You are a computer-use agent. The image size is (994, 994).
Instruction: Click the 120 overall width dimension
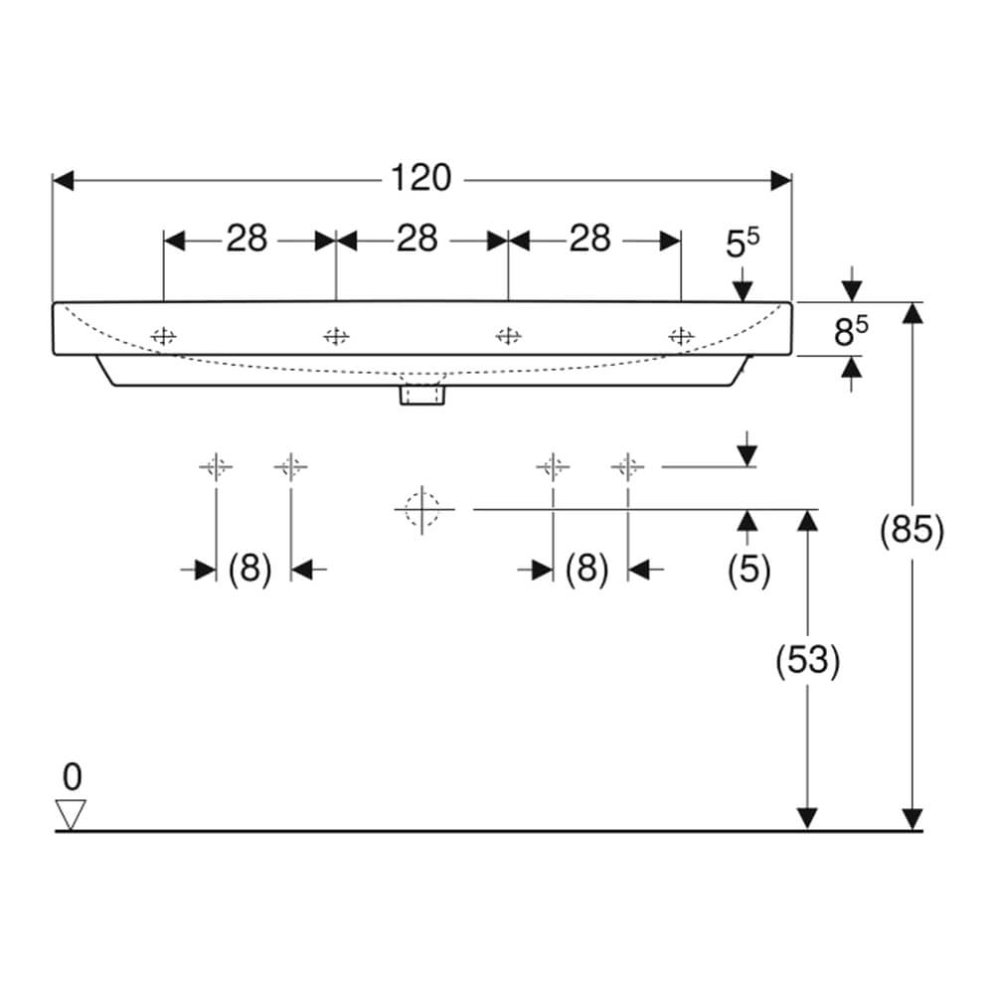(x=420, y=178)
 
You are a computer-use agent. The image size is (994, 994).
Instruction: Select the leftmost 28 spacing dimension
(x=247, y=239)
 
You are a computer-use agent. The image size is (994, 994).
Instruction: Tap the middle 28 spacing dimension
(x=417, y=239)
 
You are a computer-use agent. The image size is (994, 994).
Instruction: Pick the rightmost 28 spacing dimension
(x=589, y=239)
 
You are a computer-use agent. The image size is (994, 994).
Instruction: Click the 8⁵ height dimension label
(x=851, y=332)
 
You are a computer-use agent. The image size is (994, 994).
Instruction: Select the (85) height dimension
(x=911, y=530)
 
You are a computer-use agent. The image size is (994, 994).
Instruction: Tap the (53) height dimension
(x=807, y=660)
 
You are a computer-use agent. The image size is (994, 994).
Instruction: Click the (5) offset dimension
(x=748, y=569)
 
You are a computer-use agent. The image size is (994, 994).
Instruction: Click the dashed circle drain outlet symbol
(x=422, y=509)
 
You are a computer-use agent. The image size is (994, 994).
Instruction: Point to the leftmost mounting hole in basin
(x=164, y=336)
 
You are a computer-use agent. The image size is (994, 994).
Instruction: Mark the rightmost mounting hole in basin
(x=682, y=336)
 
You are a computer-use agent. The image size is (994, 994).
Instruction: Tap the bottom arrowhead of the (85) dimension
(x=912, y=819)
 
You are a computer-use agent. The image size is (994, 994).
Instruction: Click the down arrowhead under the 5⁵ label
(x=743, y=291)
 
